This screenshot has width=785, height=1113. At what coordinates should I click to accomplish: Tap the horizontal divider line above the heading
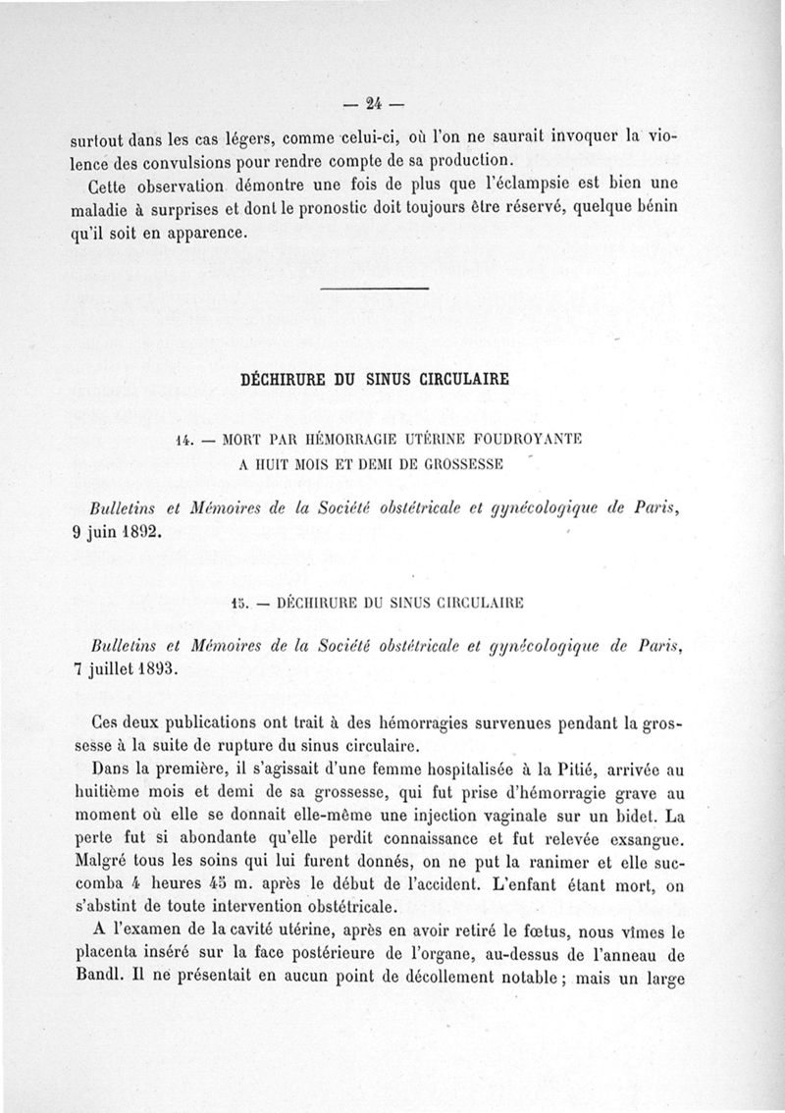point(376,288)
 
